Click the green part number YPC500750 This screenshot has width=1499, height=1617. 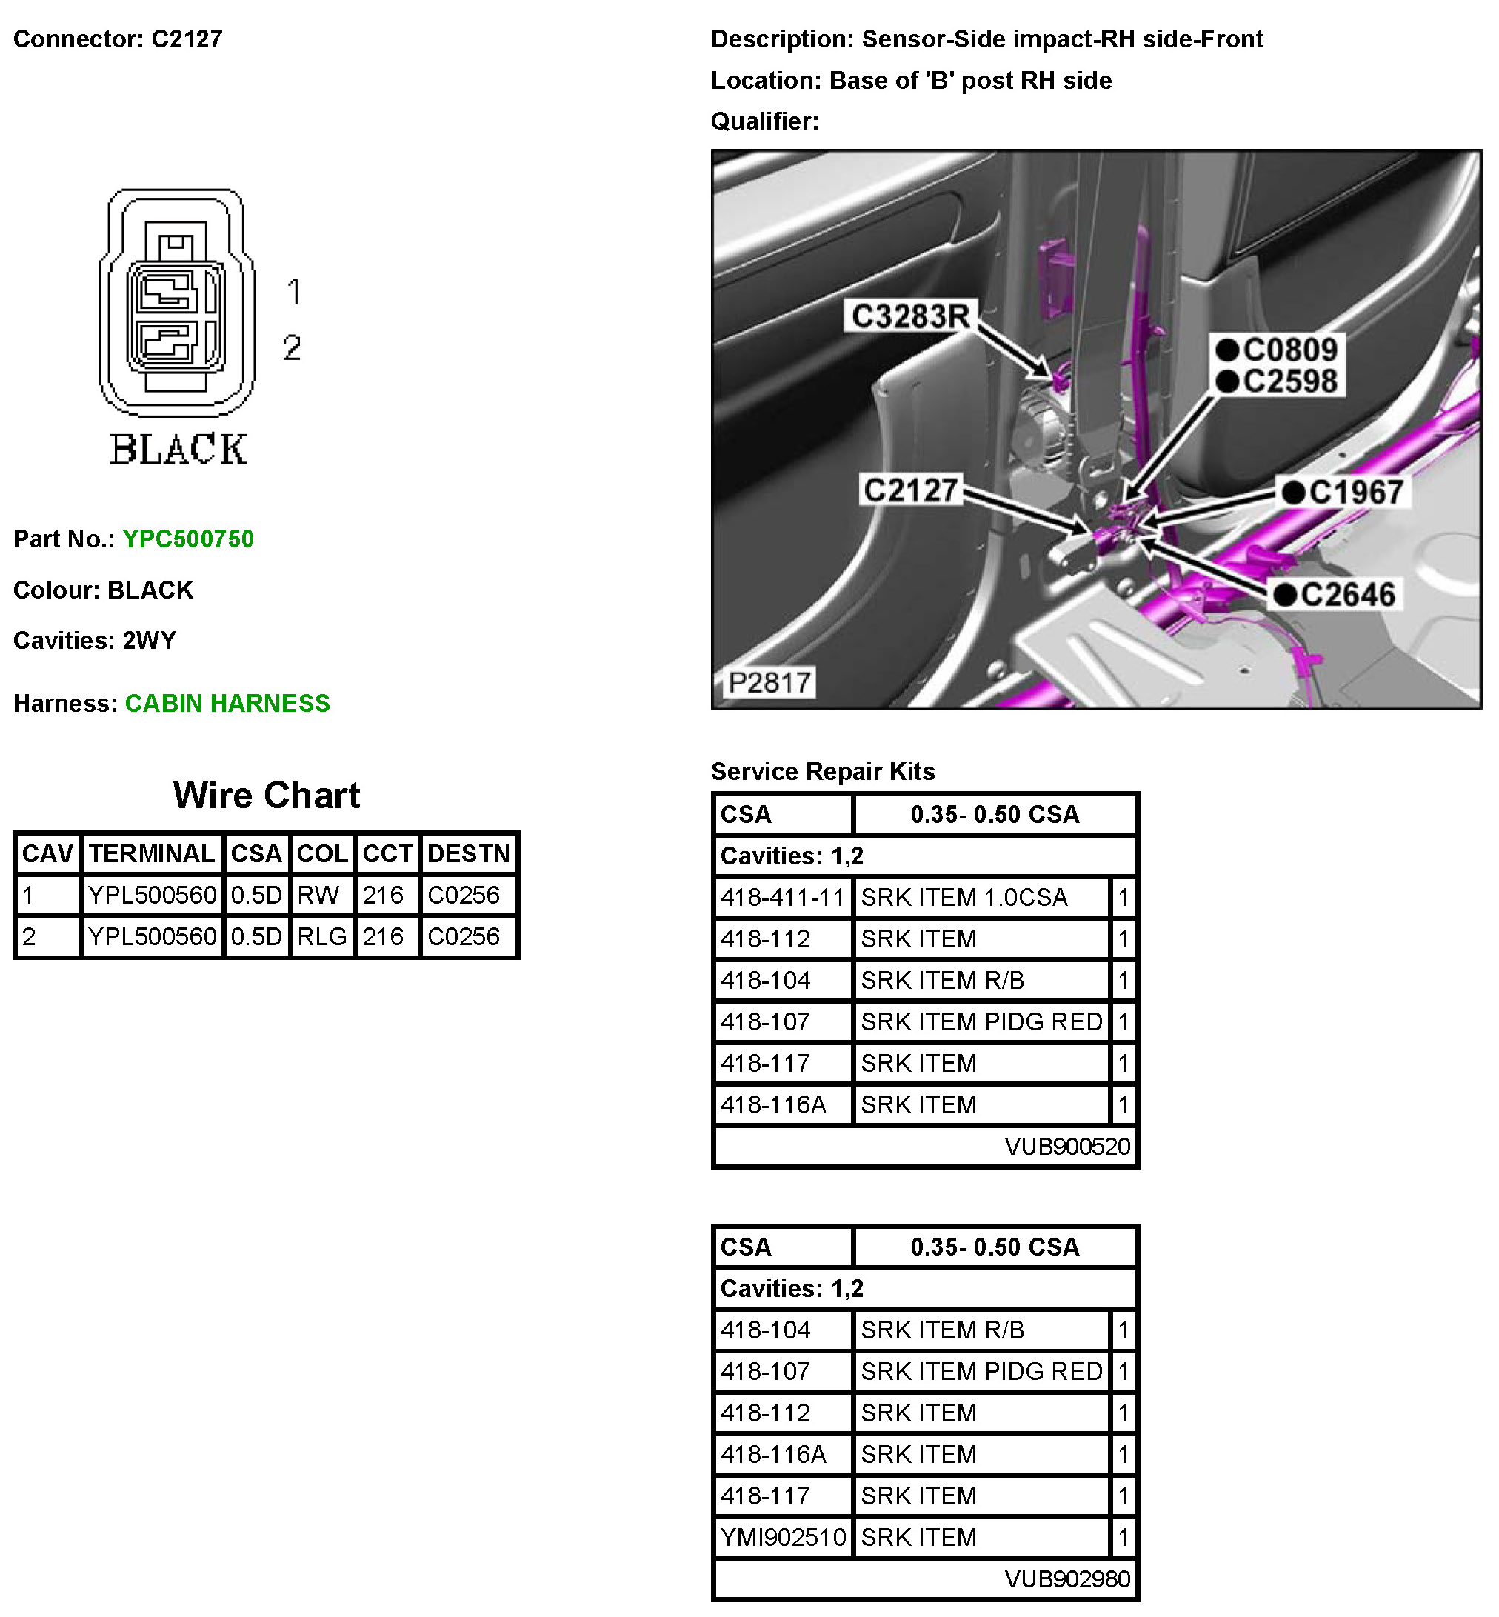tap(187, 539)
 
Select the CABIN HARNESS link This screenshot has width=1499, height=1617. tap(227, 703)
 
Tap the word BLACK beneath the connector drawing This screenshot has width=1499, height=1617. tap(178, 450)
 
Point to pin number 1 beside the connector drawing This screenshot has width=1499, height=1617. tap(293, 292)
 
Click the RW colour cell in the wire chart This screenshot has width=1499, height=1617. tap(318, 895)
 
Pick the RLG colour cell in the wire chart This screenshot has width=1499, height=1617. tap(321, 936)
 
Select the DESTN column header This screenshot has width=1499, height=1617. tap(468, 853)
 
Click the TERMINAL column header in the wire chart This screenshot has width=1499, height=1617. tap(152, 853)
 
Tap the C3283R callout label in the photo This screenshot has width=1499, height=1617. tap(910, 316)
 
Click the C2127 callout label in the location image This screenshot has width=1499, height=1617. tap(910, 490)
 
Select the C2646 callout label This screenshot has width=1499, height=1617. tap(1346, 595)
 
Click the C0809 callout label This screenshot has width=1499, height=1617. tap(1289, 350)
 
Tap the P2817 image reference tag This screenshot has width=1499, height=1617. tap(769, 682)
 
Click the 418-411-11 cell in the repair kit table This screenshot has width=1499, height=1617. tap(783, 897)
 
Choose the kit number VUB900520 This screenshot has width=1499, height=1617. tap(1066, 1147)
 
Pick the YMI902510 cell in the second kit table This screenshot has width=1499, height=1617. tap(783, 1537)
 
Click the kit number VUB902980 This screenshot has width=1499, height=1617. tap(1066, 1579)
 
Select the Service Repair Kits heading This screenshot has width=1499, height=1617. tap(823, 771)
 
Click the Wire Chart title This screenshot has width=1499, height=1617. tap(266, 795)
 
